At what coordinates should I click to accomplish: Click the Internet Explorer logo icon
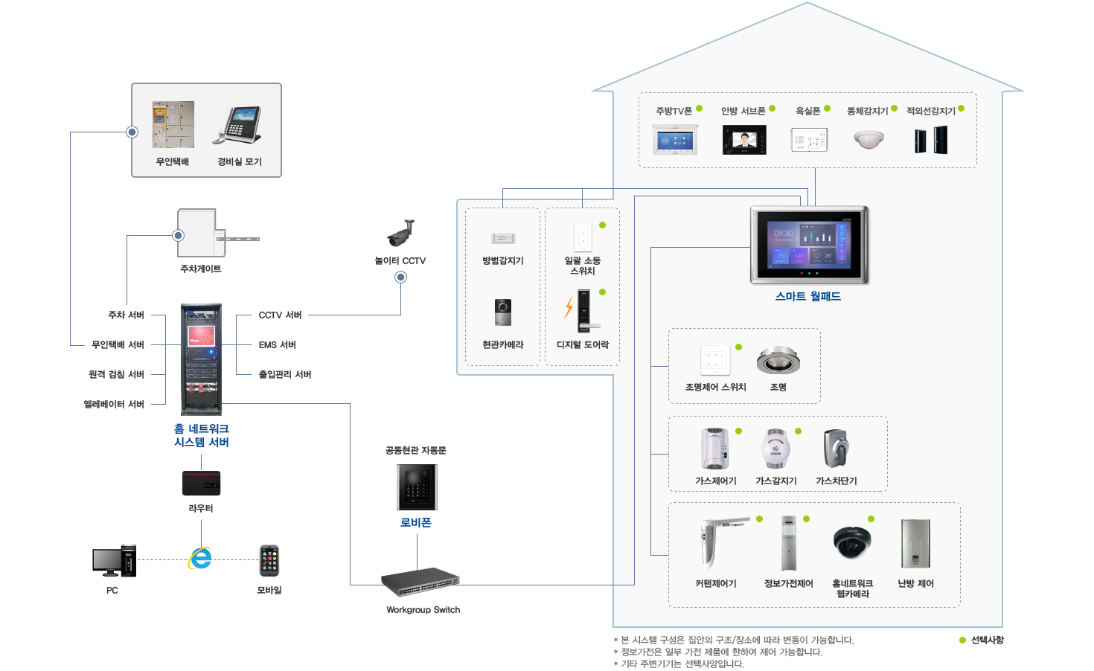pos(200,559)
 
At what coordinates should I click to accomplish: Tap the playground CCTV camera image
pos(400,233)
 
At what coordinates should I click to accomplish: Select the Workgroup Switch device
pos(420,582)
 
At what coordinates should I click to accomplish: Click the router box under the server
pos(201,483)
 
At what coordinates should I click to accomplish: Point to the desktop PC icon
pos(114,562)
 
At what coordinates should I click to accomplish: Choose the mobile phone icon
pos(269,561)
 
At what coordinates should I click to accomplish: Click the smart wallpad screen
pos(809,245)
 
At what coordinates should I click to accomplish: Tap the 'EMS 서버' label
pos(278,345)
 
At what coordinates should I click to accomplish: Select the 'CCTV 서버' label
pos(280,315)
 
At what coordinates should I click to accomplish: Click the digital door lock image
pos(584,310)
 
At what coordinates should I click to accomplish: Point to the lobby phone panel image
pos(417,487)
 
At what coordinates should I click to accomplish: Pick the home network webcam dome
pos(852,542)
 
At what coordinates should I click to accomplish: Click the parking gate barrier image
pos(216,234)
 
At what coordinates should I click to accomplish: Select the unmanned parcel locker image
pos(173,125)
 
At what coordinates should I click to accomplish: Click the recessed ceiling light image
pos(778,361)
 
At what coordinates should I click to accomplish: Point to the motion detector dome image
pos(869,139)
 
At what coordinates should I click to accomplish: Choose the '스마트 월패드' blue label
pos(808,296)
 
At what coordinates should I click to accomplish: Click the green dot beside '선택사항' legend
pos(962,640)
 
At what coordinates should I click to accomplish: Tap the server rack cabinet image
pos(201,359)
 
